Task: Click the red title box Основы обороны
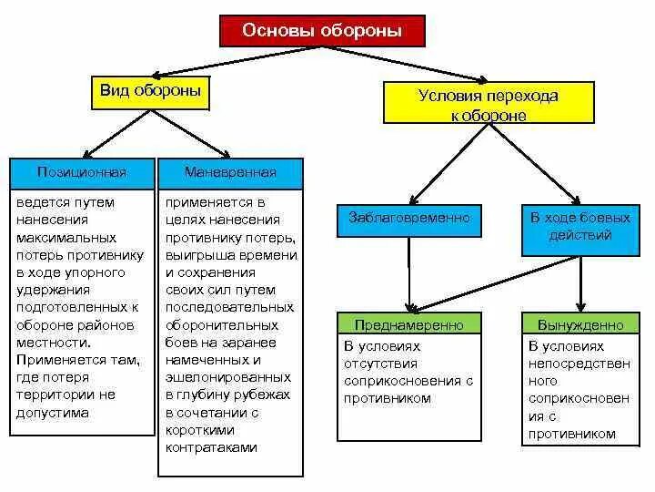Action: pyautogui.click(x=322, y=31)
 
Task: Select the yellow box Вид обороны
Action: pyautogui.click(x=150, y=92)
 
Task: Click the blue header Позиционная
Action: pyautogui.click(x=82, y=171)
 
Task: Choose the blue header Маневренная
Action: pyautogui.click(x=230, y=171)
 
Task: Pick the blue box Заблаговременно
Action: pyautogui.click(x=409, y=219)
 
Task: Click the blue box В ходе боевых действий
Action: pyautogui.click(x=579, y=227)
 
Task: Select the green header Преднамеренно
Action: pyautogui.click(x=409, y=324)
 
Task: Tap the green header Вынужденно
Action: pyautogui.click(x=579, y=324)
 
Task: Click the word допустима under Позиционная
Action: pyautogui.click(x=53, y=412)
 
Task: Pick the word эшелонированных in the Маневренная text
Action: pyautogui.click(x=228, y=377)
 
